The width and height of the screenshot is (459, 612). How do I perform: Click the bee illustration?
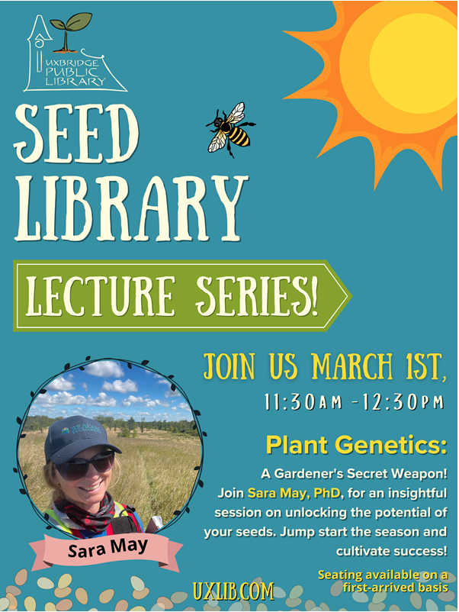tap(230, 128)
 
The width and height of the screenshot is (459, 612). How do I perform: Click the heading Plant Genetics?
tap(356, 445)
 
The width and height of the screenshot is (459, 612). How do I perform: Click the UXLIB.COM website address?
tap(232, 591)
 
